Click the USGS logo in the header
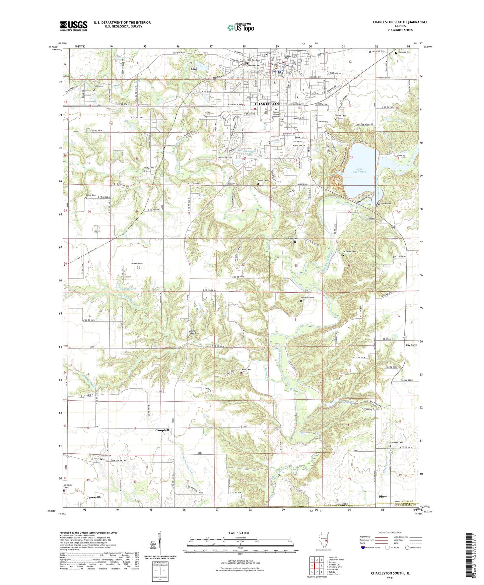73,26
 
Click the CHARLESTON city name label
268,104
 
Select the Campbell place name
162,430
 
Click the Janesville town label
94,497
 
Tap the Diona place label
383,496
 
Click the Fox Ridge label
412,345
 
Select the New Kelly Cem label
307,298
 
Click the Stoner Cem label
90,195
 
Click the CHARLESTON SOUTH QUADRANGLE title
400,22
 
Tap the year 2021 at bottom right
390,578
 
